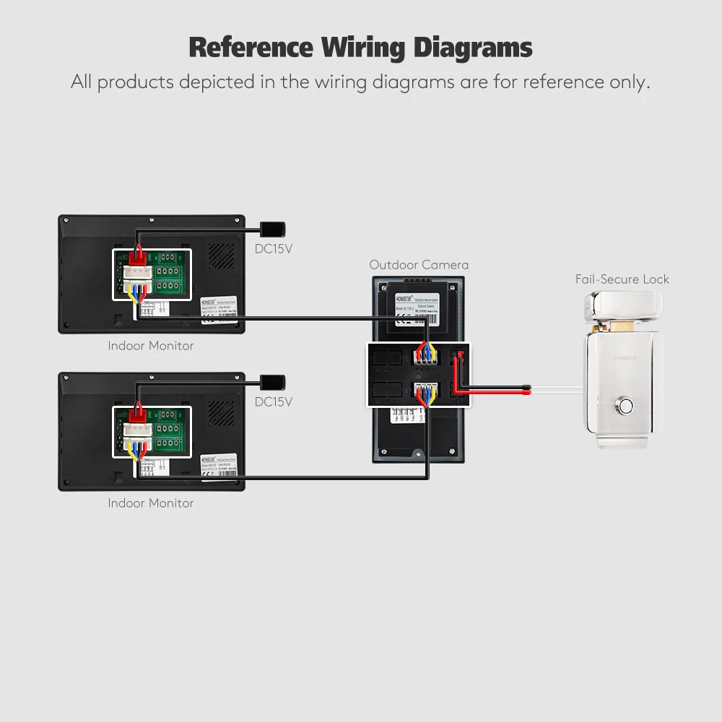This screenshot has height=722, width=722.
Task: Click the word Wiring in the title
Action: pos(365,48)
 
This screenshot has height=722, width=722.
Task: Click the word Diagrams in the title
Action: pos(473,48)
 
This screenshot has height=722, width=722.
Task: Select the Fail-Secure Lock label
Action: pos(622,279)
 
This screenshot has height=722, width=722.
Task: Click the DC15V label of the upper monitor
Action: pos(274,249)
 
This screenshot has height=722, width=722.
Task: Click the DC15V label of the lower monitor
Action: pos(274,401)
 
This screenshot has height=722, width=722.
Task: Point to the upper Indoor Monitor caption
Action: pos(151,346)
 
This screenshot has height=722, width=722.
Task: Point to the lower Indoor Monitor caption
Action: pos(151,503)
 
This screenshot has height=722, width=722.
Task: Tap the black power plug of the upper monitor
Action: pos(272,229)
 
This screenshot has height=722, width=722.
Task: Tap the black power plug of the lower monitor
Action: pos(272,382)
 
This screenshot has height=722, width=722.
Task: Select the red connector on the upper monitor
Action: pos(137,257)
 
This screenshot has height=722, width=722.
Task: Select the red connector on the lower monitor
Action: pos(137,414)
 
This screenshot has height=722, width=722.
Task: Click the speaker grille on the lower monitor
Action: pos(222,412)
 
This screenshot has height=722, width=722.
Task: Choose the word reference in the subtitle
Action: pos(562,82)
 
